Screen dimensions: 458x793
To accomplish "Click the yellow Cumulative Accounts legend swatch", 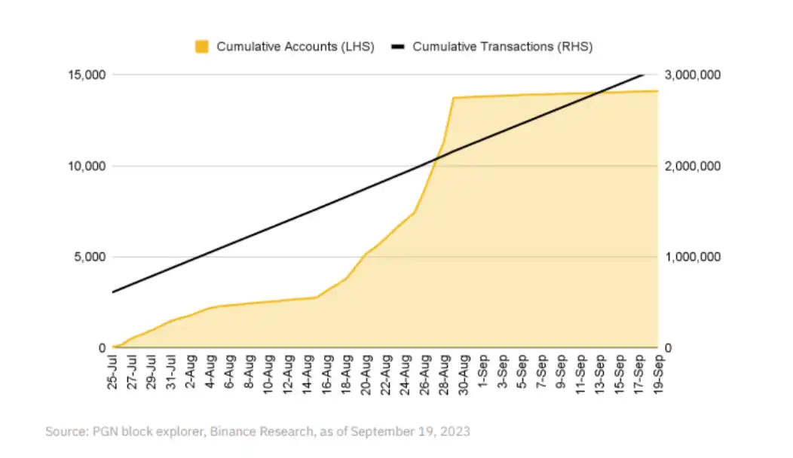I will pos(201,47).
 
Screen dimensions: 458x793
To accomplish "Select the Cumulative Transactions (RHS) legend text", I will pos(503,47).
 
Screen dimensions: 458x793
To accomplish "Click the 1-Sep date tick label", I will pos(484,373).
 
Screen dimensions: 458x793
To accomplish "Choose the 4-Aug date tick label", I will pos(211,373).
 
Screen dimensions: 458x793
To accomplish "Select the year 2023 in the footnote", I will pos(455,432).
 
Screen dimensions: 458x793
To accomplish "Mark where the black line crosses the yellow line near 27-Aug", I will pos(436,158).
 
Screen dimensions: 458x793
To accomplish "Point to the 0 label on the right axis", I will pos(668,348).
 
